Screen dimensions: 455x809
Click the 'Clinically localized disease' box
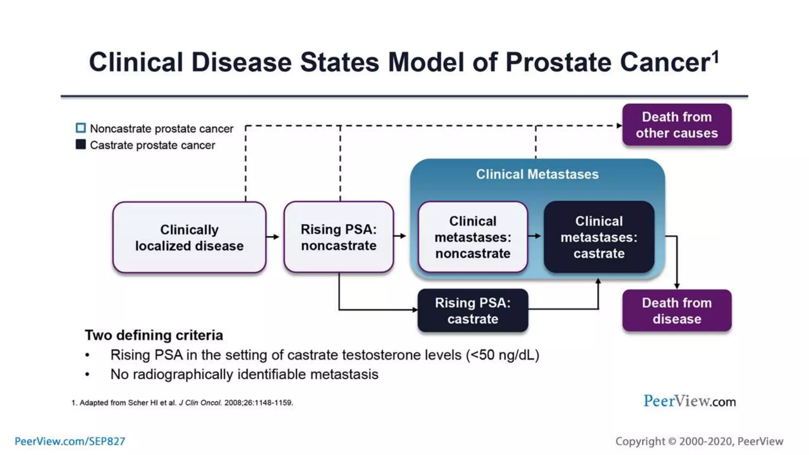point(189,237)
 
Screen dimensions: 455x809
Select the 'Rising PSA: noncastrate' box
point(339,237)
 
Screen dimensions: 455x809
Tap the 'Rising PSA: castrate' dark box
point(472,310)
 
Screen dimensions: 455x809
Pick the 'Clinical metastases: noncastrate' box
point(472,237)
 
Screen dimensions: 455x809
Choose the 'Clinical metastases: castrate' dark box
point(598,237)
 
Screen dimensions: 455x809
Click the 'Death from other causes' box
point(677,125)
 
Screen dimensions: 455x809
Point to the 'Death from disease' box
point(677,310)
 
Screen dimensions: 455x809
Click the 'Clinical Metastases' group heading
point(537,174)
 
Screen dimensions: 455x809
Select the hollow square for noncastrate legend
point(81,128)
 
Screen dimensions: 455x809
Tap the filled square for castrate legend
point(81,145)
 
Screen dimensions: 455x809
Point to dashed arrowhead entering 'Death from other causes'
point(619,126)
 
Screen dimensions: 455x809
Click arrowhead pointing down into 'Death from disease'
point(677,286)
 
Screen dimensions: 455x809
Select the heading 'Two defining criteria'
point(154,335)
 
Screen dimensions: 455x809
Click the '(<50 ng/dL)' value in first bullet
point(502,355)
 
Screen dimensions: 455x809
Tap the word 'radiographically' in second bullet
point(183,374)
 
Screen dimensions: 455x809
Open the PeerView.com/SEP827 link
point(70,441)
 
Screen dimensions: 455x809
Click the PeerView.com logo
point(689,401)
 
